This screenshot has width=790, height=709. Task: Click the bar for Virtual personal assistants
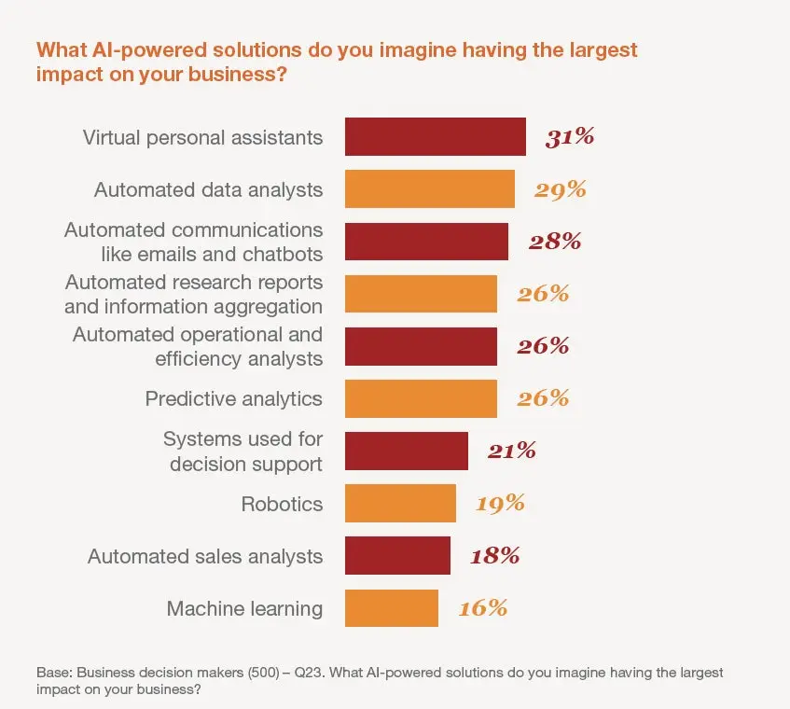(435, 137)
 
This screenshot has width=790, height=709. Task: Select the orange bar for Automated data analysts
(429, 189)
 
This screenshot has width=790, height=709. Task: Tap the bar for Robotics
(400, 504)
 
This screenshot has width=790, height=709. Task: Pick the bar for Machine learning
(391, 608)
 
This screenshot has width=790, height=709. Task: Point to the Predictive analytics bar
(421, 399)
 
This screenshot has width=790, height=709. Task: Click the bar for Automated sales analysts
(397, 556)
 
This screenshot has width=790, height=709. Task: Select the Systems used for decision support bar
(406, 452)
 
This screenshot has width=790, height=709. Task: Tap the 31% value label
(570, 137)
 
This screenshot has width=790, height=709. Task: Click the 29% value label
(560, 189)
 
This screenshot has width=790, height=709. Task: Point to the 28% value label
(555, 242)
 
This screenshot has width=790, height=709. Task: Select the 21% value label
(511, 452)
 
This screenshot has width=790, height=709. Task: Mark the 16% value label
(482, 608)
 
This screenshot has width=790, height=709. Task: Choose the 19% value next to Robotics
(500, 504)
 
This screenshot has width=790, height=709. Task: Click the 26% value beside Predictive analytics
(543, 399)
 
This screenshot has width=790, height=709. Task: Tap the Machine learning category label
(244, 609)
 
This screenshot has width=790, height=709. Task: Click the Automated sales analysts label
(205, 557)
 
